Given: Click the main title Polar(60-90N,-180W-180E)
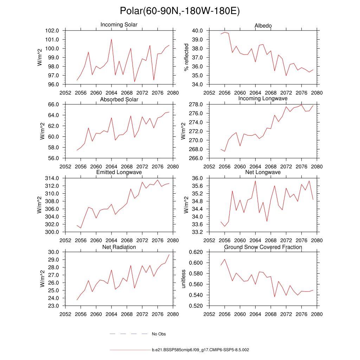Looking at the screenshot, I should pyautogui.click(x=180, y=11).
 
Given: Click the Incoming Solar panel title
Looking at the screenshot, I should pyautogui.click(x=119, y=25).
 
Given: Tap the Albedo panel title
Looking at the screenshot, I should pyautogui.click(x=263, y=26).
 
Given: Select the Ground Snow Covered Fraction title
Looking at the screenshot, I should pyautogui.click(x=263, y=247).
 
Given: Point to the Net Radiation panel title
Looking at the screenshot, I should pyautogui.click(x=119, y=247).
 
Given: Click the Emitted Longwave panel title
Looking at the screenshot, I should pyautogui.click(x=119, y=172).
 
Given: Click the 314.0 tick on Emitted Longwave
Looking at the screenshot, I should pyautogui.click(x=52, y=178).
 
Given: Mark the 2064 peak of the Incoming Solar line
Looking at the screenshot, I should pyautogui.click(x=111, y=39).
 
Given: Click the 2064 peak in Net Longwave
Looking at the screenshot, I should pyautogui.click(x=255, y=180).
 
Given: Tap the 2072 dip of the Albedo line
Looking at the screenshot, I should pyautogui.click(x=286, y=76).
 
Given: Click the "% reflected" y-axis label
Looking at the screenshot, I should pyautogui.click(x=186, y=57).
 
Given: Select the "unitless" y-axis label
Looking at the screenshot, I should pyautogui.click(x=183, y=279).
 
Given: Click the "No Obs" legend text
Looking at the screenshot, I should pyautogui.click(x=159, y=334).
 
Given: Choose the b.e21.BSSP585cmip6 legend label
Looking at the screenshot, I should pyautogui.click(x=200, y=350).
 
